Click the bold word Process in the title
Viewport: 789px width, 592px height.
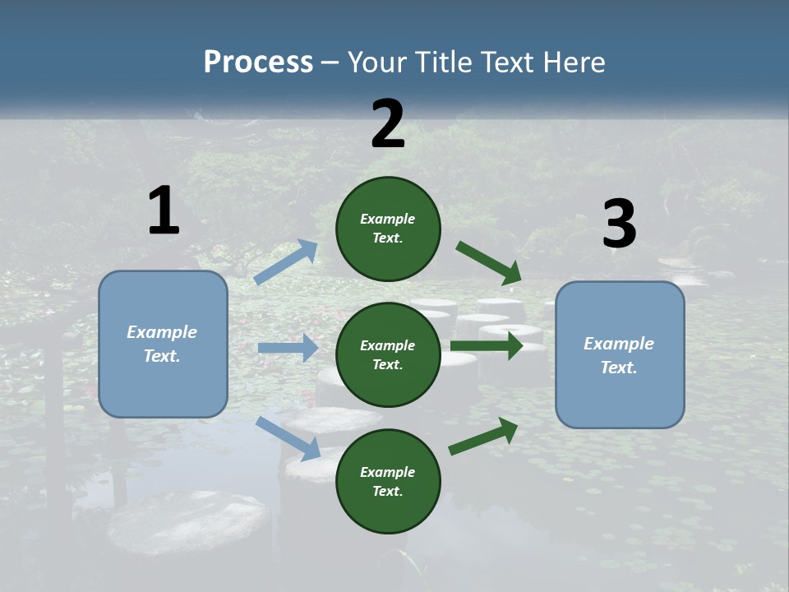(258, 62)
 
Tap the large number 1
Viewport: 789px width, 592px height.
(164, 210)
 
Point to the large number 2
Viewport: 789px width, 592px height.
(388, 123)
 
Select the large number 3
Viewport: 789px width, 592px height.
(619, 224)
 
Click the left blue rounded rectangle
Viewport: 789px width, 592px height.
(163, 344)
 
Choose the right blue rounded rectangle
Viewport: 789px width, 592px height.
(620, 355)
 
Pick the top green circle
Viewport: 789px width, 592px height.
(388, 229)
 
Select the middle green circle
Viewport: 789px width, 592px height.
(388, 354)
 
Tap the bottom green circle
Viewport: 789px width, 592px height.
(388, 481)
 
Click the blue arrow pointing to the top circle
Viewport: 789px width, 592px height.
(286, 261)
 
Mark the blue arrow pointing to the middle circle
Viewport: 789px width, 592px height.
(288, 348)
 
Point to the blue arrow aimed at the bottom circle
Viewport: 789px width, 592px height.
(288, 438)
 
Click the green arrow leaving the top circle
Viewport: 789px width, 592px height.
(489, 263)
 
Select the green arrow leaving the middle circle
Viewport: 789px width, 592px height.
(487, 345)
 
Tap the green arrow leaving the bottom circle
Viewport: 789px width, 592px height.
(483, 436)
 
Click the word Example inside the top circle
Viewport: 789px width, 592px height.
(388, 219)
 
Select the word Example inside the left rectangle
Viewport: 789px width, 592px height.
(162, 332)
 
